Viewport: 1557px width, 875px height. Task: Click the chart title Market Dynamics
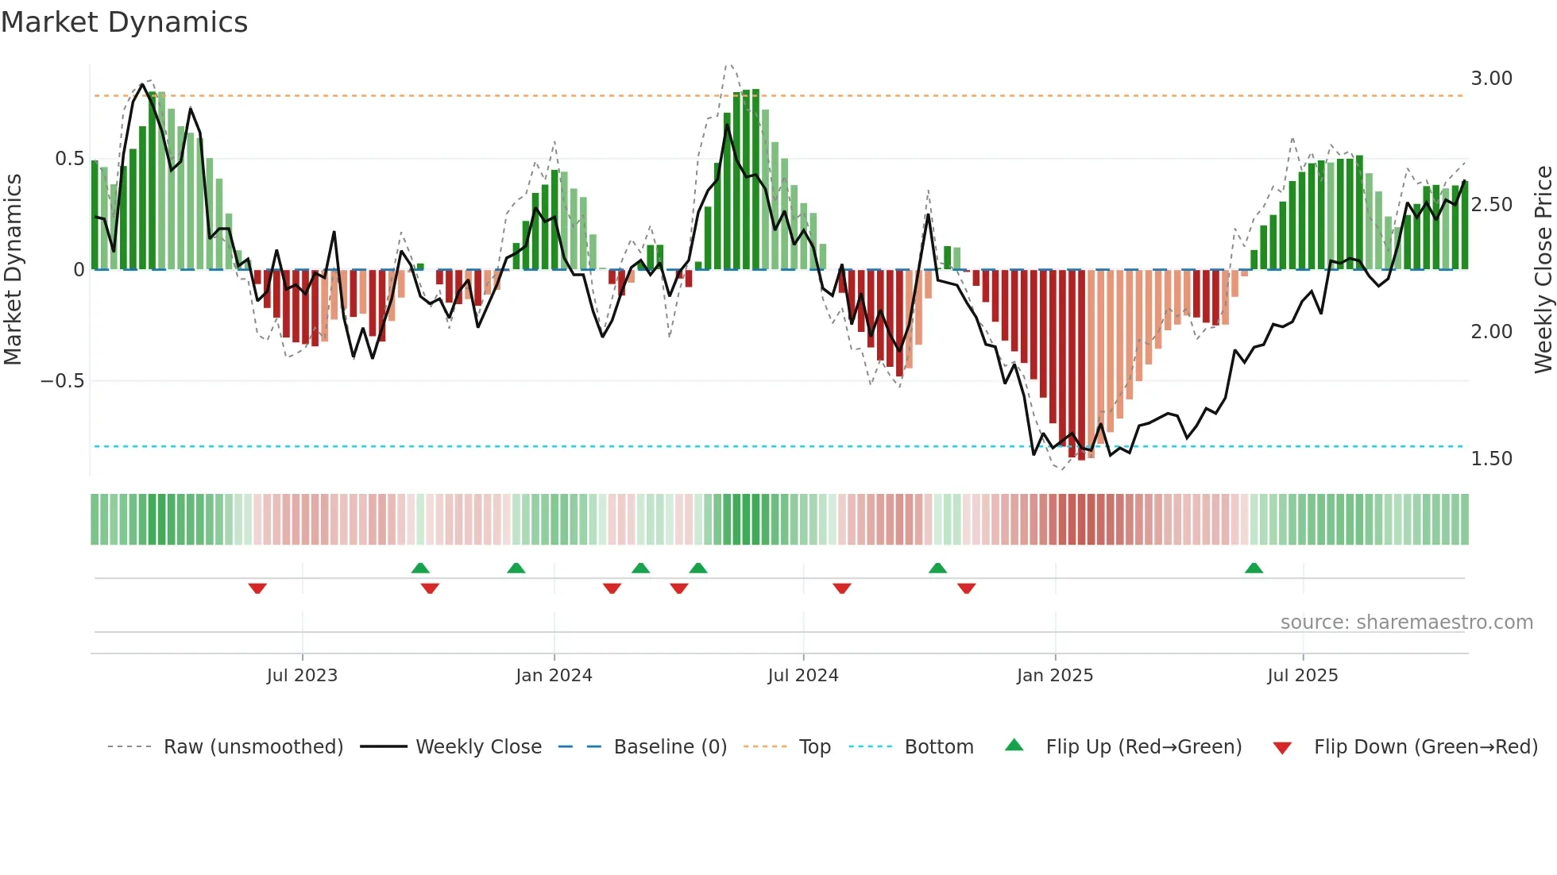pyautogui.click(x=125, y=22)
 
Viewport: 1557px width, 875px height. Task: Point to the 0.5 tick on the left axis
pyautogui.click(x=69, y=159)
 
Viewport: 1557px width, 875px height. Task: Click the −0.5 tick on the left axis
pyautogui.click(x=63, y=381)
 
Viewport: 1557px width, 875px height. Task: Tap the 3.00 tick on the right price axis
pyautogui.click(x=1491, y=79)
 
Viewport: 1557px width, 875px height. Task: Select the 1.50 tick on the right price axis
pyautogui.click(x=1491, y=459)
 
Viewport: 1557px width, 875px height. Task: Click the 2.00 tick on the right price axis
pyautogui.click(x=1491, y=332)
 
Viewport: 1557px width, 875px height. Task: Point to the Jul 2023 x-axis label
pyautogui.click(x=302, y=676)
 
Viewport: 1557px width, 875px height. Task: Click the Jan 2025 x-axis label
pyautogui.click(x=1055, y=676)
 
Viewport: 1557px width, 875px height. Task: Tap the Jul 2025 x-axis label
pyautogui.click(x=1303, y=676)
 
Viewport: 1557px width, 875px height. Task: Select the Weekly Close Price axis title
pyautogui.click(x=1543, y=270)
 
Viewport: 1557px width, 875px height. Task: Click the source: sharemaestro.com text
pyautogui.click(x=1406, y=623)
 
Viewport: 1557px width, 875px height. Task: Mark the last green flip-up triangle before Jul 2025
pyautogui.click(x=1254, y=568)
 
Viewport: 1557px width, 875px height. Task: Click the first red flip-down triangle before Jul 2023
pyautogui.click(x=257, y=588)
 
